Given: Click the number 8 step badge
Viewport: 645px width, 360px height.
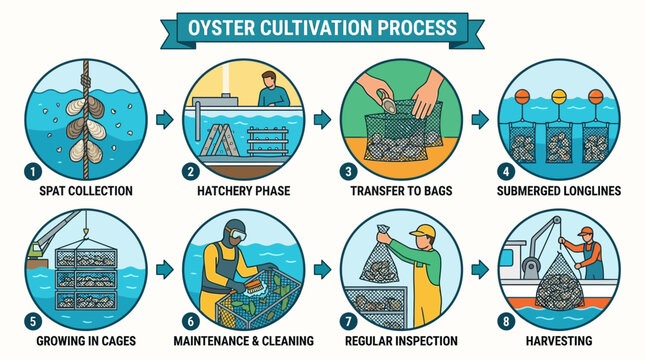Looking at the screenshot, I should (509, 321).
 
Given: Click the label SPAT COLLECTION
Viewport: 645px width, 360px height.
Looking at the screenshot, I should (85, 190).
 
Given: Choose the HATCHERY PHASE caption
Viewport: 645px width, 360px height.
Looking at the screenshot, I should (245, 190).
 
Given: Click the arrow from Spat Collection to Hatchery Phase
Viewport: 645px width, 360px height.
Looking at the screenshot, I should (163, 119).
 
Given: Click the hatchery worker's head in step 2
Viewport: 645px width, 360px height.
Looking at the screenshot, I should (266, 79).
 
